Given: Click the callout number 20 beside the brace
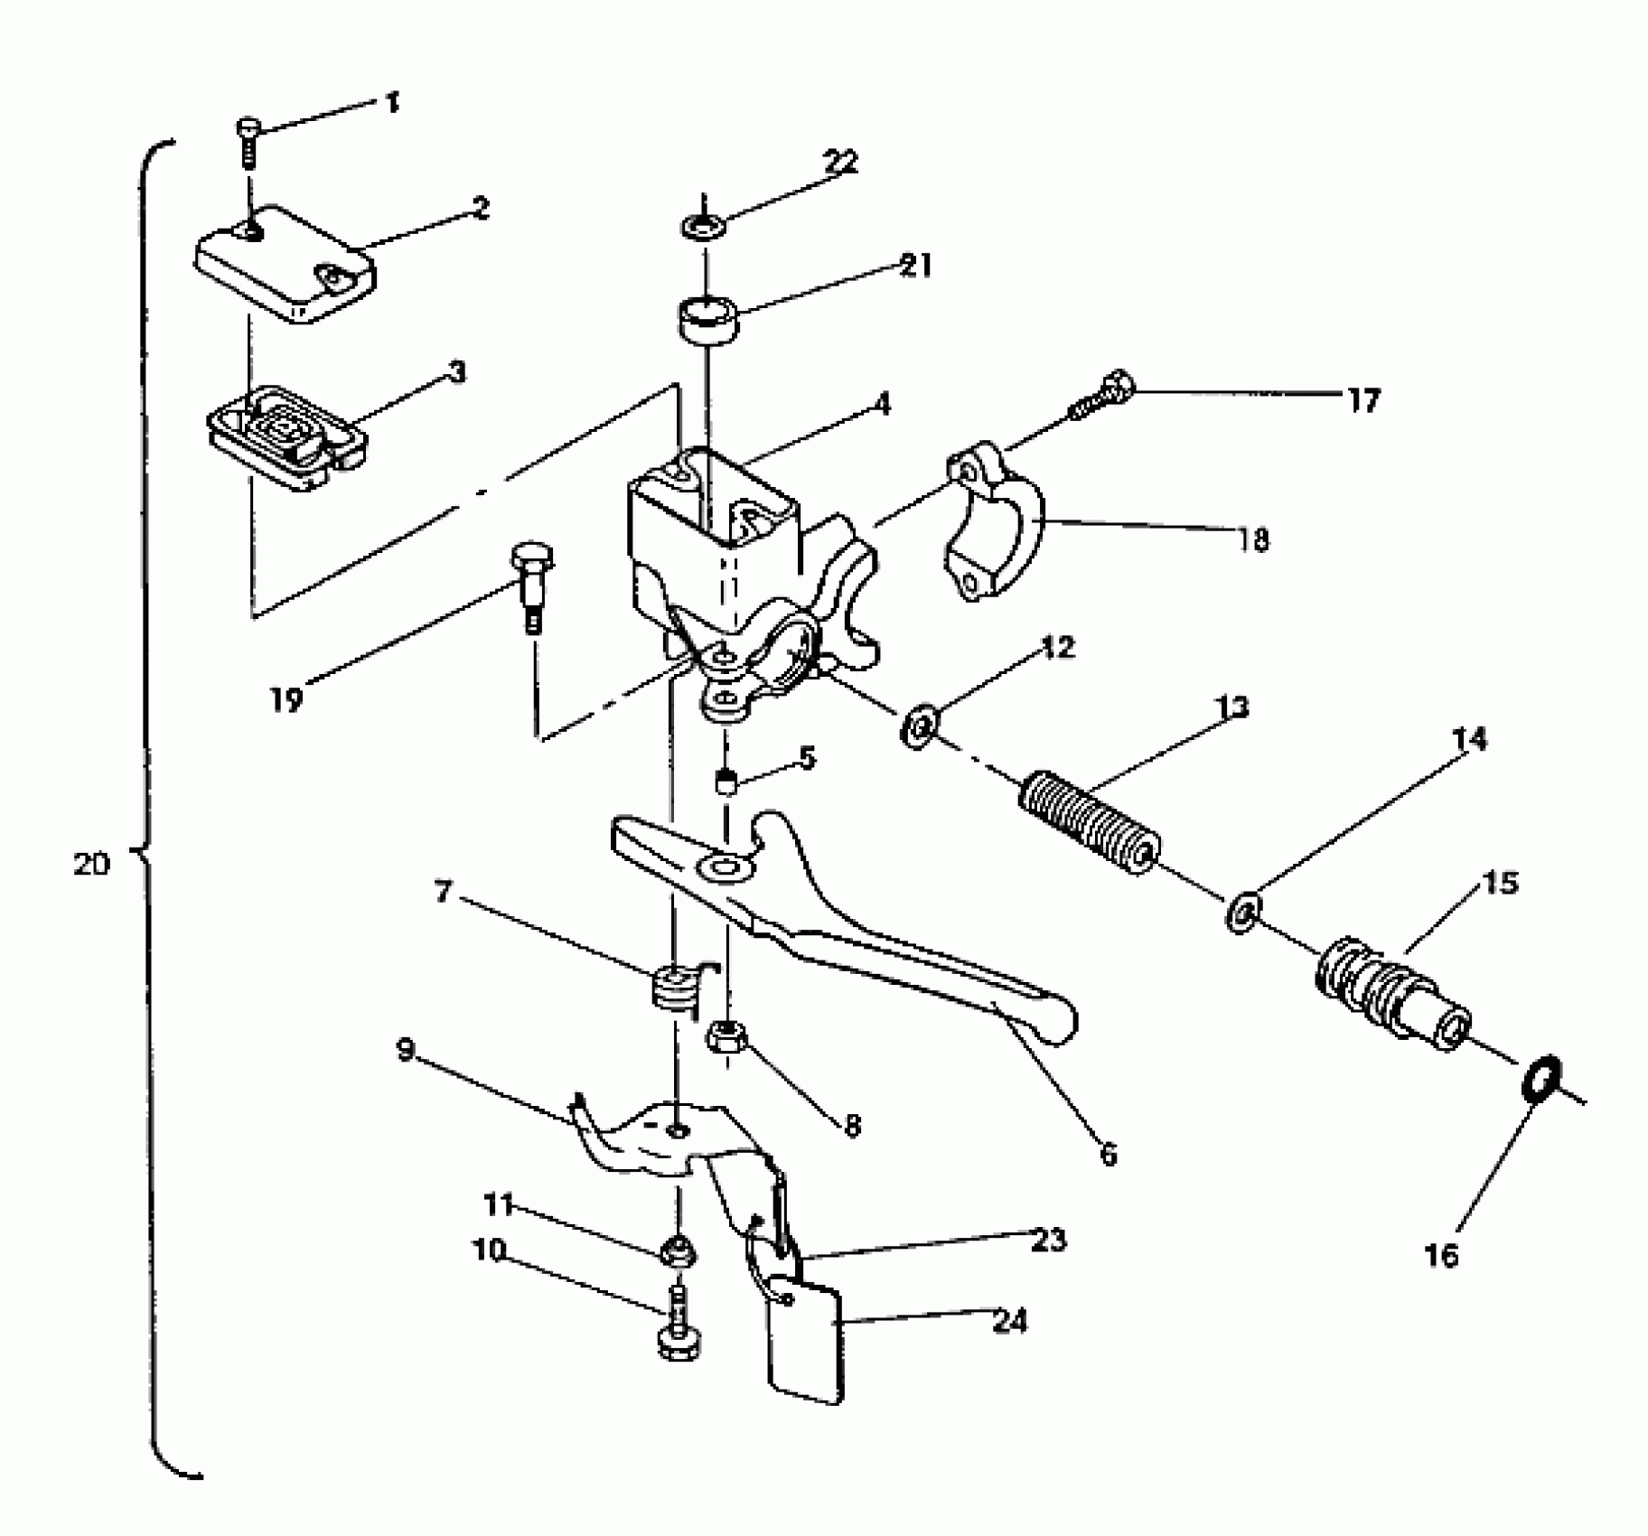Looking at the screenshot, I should click(90, 865).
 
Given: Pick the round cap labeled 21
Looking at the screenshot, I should click(707, 321).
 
